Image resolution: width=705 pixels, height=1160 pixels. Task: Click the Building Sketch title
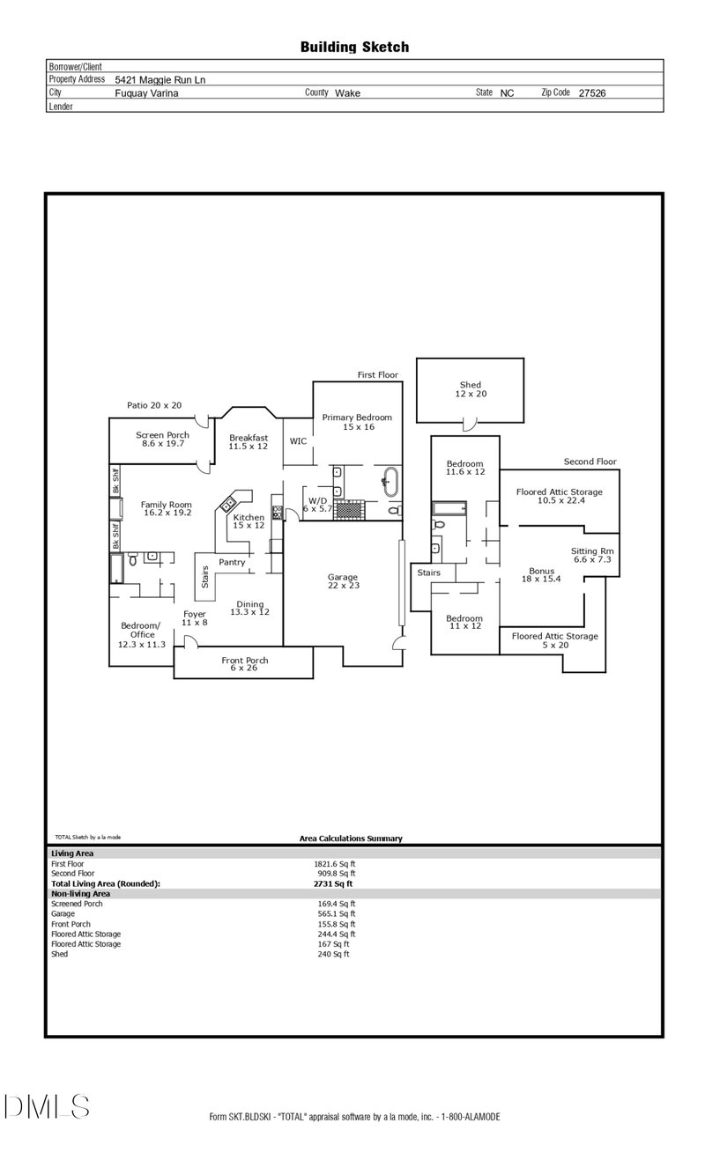[x=354, y=47]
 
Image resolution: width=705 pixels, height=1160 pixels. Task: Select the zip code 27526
[x=591, y=92]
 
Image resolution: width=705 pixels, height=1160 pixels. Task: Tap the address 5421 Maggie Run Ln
[x=160, y=79]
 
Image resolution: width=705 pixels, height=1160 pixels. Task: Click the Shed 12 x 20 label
[x=471, y=388]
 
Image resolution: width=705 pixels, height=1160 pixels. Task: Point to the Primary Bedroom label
[x=356, y=422]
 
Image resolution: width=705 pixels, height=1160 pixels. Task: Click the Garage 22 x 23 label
[x=343, y=581]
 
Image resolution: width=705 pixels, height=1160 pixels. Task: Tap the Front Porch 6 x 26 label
[x=244, y=665]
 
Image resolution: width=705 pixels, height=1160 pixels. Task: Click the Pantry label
[x=232, y=562]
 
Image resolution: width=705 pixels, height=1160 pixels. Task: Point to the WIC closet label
[x=298, y=441]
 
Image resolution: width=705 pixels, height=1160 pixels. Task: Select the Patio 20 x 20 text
[x=154, y=405]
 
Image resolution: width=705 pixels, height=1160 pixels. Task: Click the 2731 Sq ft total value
[x=332, y=883]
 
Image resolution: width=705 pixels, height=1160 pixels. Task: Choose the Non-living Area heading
[x=80, y=893]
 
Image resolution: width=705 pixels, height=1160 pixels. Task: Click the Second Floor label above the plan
[x=590, y=462]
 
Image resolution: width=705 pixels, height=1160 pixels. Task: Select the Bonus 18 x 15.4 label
[x=542, y=574]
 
